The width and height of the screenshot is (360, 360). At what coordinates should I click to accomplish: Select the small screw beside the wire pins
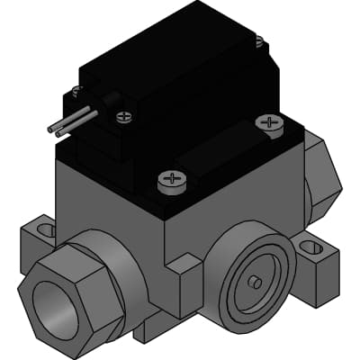(x=123, y=115)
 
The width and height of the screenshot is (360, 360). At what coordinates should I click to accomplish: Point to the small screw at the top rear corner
(x=259, y=40)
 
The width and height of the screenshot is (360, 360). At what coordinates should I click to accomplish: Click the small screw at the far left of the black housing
(x=77, y=90)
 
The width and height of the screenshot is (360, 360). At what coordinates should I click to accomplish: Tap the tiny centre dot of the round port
(x=256, y=282)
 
